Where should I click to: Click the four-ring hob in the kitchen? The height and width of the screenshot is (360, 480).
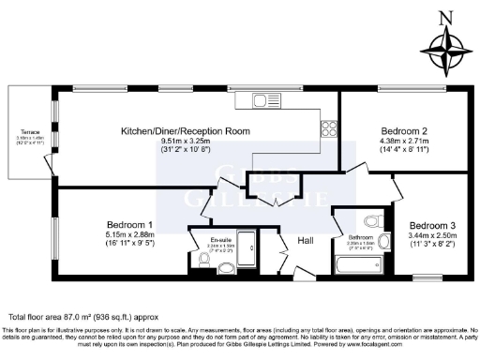pos(328,127)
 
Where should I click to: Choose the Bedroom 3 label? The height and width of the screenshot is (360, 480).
pos(434,225)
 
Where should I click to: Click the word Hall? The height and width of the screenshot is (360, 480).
pos(307,241)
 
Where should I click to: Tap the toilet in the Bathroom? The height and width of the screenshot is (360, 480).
pos(373,222)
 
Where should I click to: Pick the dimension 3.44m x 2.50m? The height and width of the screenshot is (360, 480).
pos(434,236)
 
